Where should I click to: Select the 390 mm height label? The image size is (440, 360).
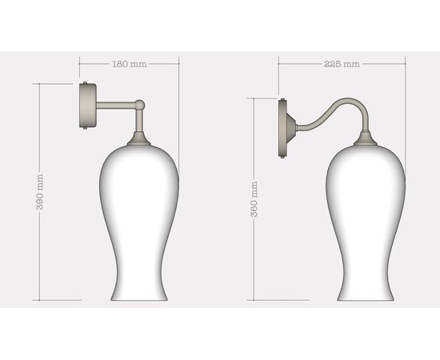tap(40, 192)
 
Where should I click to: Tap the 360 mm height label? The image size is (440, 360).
tap(254, 199)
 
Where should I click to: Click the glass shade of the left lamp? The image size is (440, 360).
tap(138, 216)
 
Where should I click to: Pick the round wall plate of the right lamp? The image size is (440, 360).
tap(285, 126)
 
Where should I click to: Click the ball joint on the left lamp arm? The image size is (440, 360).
tap(139, 104)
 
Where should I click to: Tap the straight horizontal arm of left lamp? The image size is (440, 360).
tap(116, 104)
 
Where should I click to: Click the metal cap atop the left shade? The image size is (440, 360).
tap(139, 140)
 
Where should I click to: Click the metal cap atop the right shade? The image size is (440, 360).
tap(366, 140)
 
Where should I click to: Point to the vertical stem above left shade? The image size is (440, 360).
tap(139, 122)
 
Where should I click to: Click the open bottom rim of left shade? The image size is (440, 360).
tap(138, 300)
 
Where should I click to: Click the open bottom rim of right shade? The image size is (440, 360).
tap(366, 300)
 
